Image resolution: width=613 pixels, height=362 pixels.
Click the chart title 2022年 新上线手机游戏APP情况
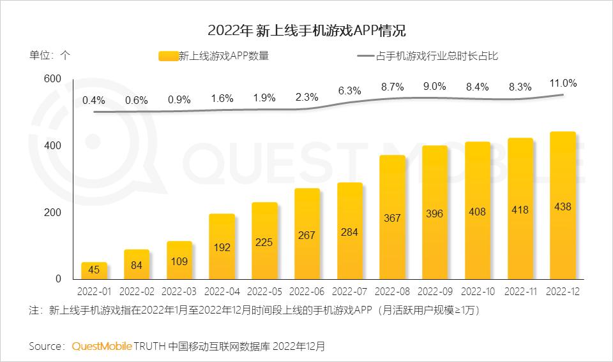(x=306, y=30)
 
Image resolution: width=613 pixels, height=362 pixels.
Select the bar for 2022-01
(x=94, y=271)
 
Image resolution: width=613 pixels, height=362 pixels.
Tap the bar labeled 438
(x=563, y=205)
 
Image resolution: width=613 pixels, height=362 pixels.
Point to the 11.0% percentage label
(x=563, y=83)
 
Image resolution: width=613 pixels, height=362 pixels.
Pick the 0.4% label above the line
(x=93, y=100)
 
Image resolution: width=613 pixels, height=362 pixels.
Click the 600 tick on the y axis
(x=53, y=79)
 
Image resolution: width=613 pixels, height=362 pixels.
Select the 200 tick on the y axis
(x=53, y=212)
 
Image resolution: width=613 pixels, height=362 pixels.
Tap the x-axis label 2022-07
(x=349, y=292)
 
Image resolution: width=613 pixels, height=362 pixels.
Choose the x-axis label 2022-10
(x=478, y=292)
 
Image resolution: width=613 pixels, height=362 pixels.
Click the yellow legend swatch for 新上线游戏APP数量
(x=168, y=56)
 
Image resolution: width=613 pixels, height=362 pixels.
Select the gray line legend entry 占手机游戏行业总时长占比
(x=428, y=56)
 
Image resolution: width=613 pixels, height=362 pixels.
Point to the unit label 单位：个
(x=49, y=55)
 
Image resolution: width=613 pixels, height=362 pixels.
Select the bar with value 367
(x=392, y=217)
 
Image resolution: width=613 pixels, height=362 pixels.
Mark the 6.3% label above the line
(x=349, y=90)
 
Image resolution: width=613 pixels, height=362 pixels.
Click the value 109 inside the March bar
(x=179, y=261)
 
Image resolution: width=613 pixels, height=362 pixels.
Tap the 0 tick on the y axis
(x=58, y=279)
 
